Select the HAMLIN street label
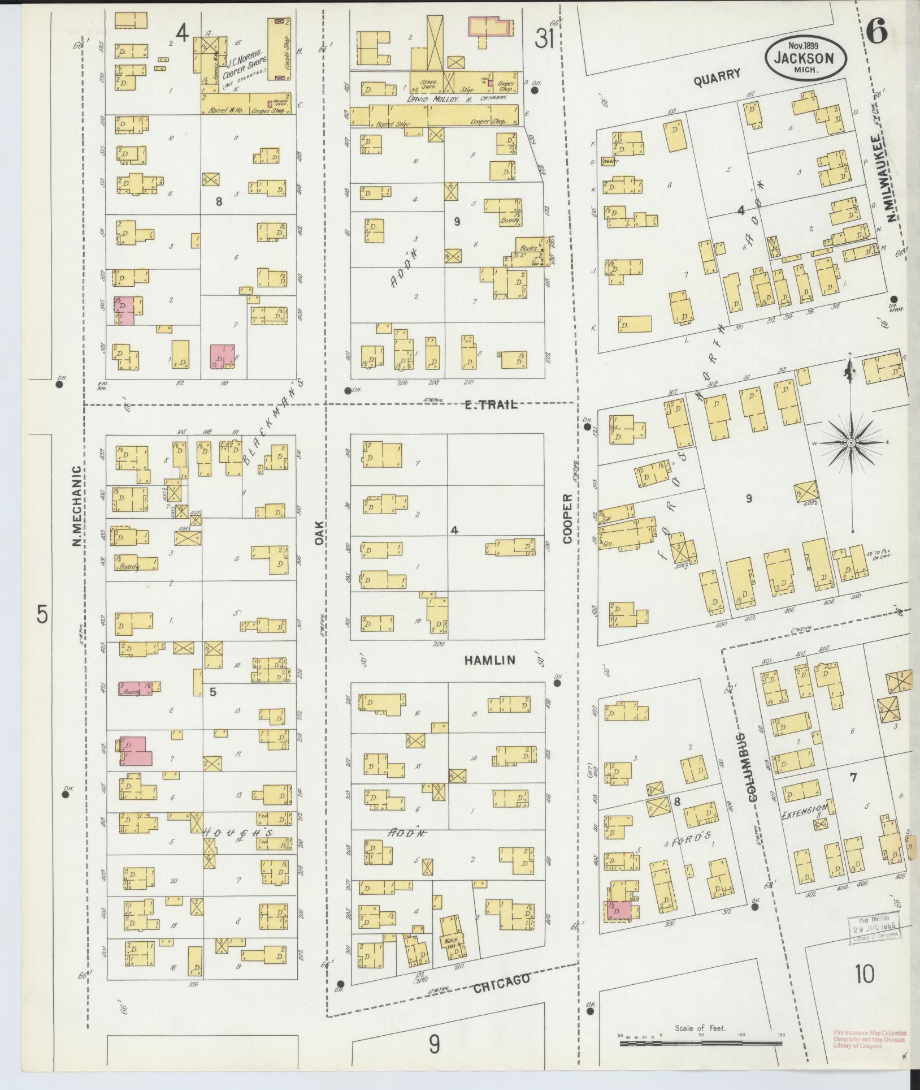490,660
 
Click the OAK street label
320,533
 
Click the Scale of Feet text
700,1028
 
